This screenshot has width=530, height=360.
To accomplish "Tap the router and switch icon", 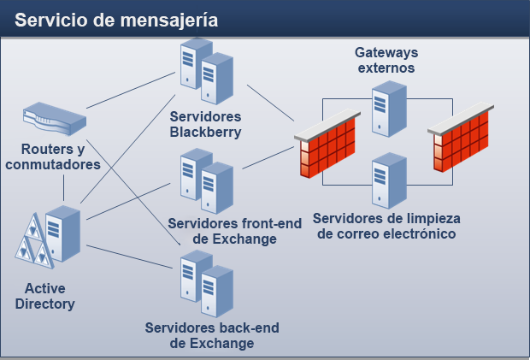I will click(54, 119).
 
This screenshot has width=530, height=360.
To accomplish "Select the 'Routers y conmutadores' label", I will click(53, 157).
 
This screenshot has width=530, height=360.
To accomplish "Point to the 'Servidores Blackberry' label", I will click(205, 124).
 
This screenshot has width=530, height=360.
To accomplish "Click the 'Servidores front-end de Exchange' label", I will click(235, 231).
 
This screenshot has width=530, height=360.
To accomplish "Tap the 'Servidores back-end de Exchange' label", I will click(212, 335).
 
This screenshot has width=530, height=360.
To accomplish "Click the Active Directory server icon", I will click(51, 235).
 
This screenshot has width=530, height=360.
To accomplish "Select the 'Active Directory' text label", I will click(44, 296).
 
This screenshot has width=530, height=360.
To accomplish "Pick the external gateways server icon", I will click(389, 109).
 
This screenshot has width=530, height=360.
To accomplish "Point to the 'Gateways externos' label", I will click(386, 60).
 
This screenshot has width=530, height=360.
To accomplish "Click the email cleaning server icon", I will click(389, 180).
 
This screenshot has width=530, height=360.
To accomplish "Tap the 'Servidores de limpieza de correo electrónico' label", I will click(386, 226).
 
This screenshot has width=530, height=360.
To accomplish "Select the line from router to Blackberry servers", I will click(128, 91).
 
